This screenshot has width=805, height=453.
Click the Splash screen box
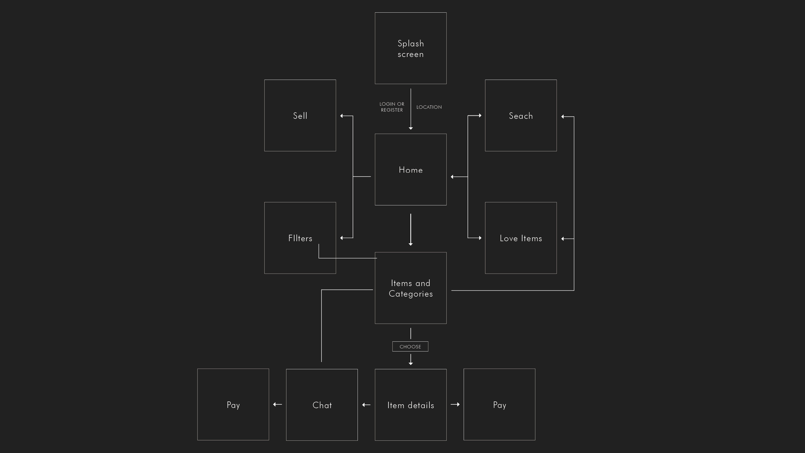coord(411,48)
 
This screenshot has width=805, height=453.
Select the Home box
coord(411,170)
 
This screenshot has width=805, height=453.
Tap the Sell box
coord(300,115)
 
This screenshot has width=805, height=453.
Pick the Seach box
coord(521,115)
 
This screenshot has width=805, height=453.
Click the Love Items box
coord(521,238)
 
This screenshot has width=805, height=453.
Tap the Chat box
coord(322,405)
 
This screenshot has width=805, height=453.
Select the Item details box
coord(411,405)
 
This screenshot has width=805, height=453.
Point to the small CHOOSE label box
coord(410,346)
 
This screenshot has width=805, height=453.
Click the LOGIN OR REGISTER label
coord(392,107)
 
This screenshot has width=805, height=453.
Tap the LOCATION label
coord(429,107)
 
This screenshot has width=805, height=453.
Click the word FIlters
coord(300,238)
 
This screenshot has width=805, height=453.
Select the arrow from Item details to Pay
coord(455,405)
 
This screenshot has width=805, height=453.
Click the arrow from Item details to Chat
coord(366,405)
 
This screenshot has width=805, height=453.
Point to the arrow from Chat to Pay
coord(277,405)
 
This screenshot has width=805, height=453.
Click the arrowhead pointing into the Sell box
coord(342,116)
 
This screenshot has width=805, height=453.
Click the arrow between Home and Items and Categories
coord(411,230)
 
